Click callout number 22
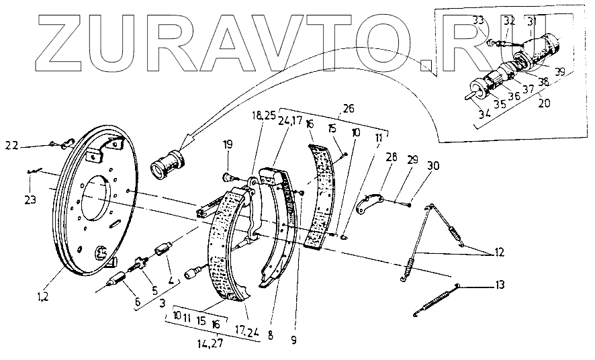tap(11, 145)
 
